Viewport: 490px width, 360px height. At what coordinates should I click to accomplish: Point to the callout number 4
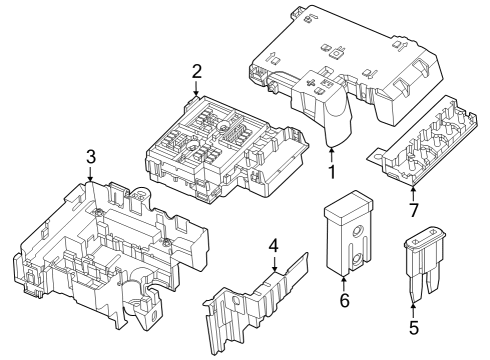[x=274, y=246]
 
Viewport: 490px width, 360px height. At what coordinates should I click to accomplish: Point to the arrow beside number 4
[x=274, y=264]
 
